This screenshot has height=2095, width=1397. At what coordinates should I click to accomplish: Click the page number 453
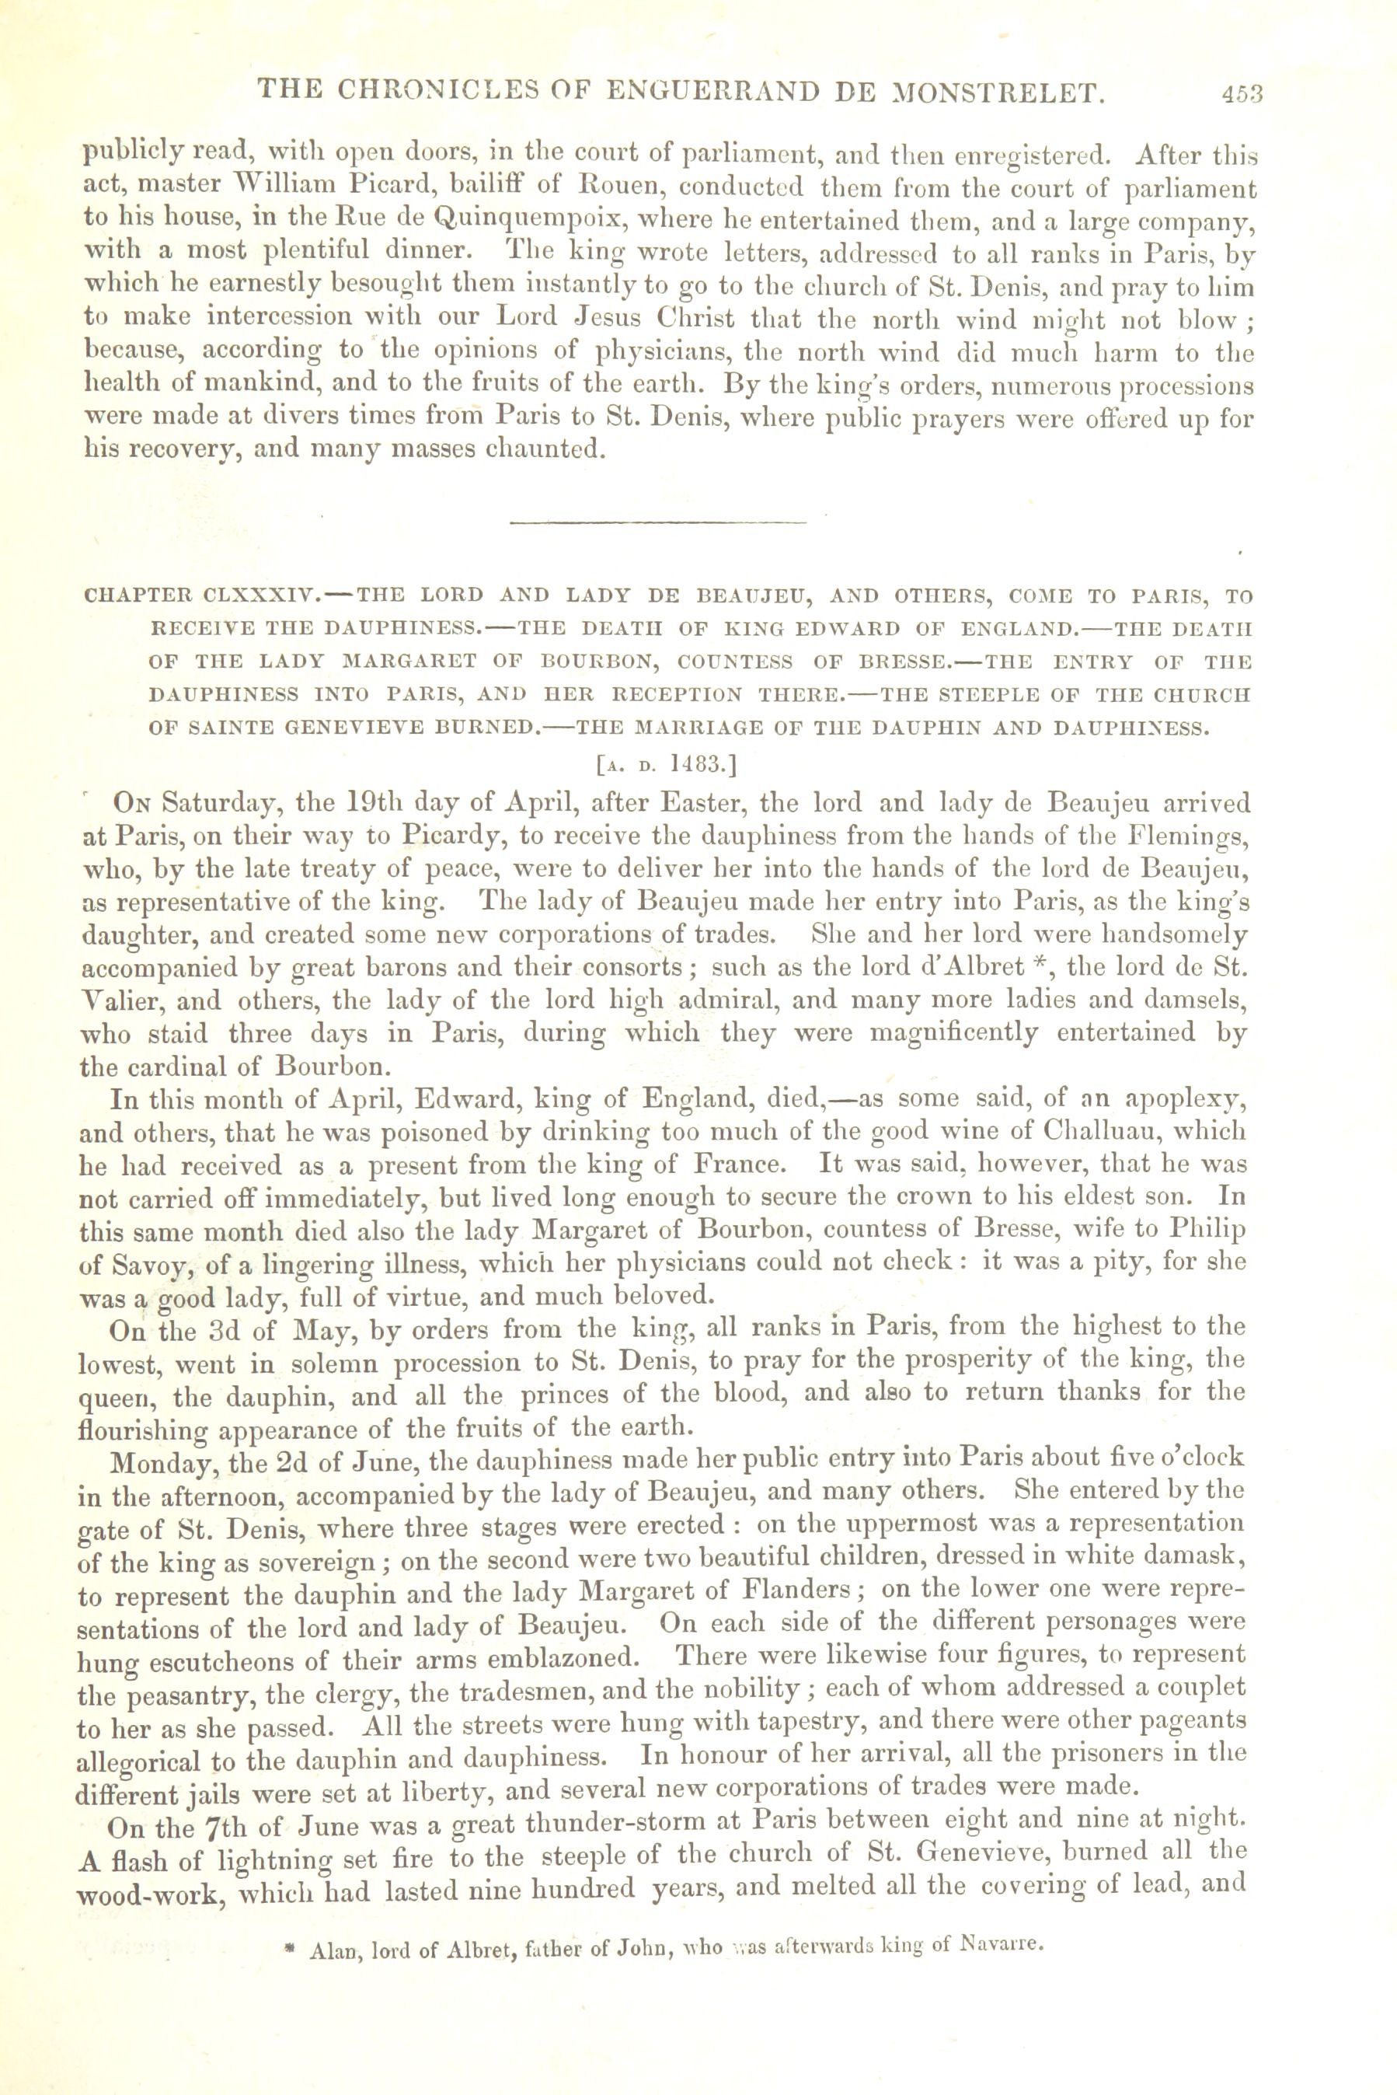pyautogui.click(x=1244, y=93)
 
